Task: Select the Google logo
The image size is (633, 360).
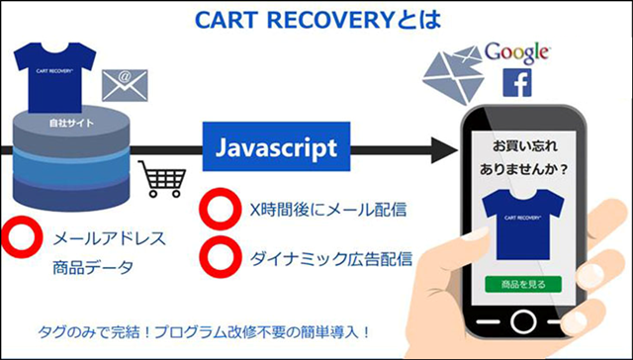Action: point(515,52)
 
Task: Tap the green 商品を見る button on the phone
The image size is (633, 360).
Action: point(521,284)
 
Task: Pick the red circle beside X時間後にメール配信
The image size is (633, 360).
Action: point(217,211)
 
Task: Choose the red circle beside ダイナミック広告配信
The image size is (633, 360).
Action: point(217,255)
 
